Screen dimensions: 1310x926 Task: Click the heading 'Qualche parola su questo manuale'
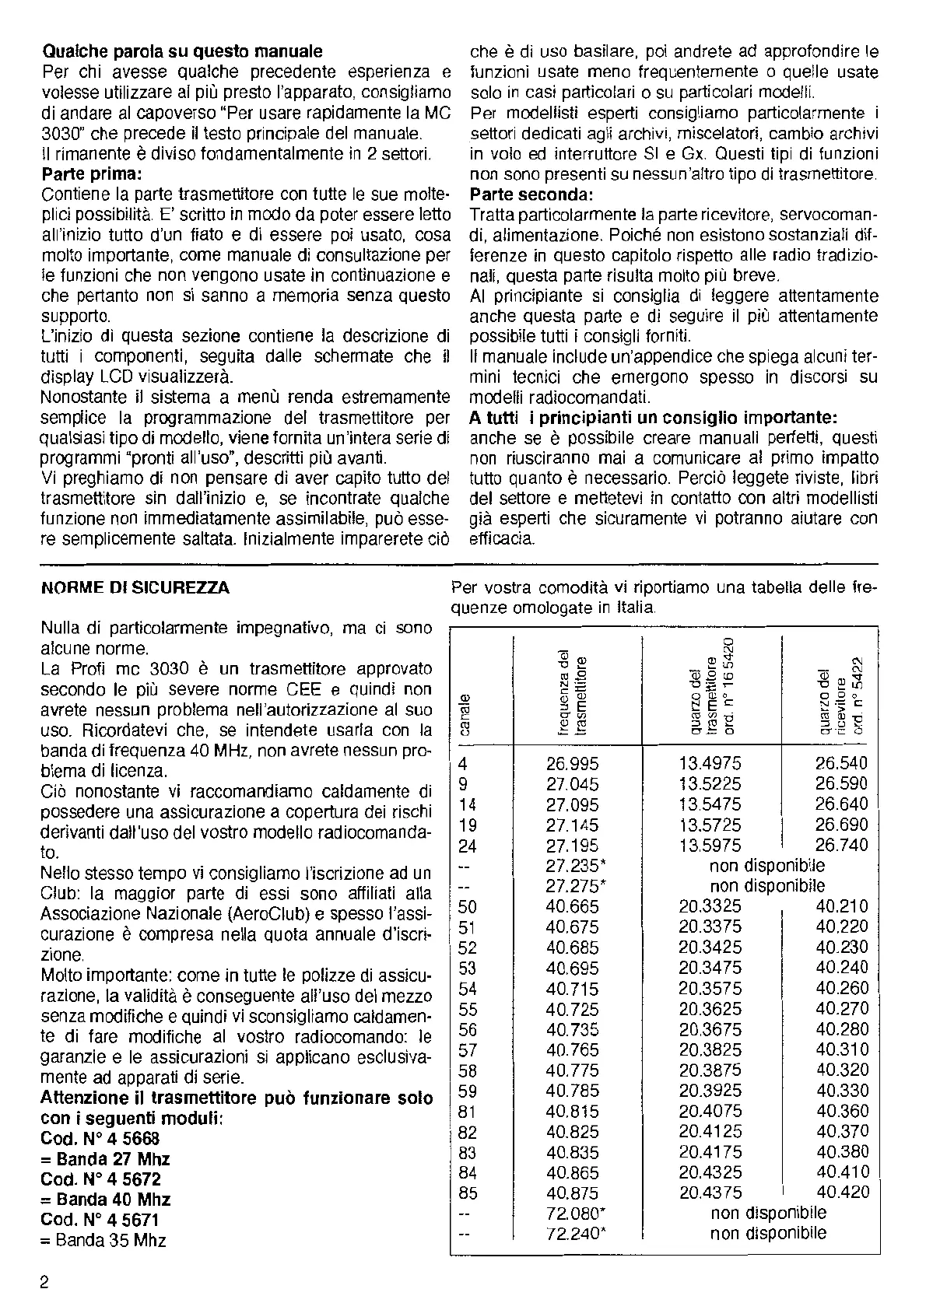[x=181, y=53]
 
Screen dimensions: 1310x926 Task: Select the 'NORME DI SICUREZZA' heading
[x=135, y=587]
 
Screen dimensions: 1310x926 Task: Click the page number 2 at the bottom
[x=45, y=1282]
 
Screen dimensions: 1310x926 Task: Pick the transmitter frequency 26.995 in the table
[x=572, y=764]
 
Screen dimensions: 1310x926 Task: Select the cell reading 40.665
[x=572, y=906]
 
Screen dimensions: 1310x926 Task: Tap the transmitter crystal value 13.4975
[x=710, y=764]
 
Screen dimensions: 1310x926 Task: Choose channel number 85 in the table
[x=468, y=1193]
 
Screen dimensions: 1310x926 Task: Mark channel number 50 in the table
[x=468, y=906]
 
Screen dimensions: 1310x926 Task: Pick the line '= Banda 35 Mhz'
[x=103, y=1240]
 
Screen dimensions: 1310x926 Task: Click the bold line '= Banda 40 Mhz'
[x=105, y=1200]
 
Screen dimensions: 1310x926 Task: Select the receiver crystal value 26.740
[x=841, y=846]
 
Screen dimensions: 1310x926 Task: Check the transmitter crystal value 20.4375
[x=710, y=1193]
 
